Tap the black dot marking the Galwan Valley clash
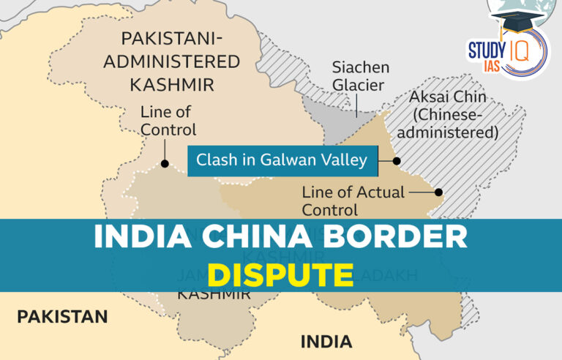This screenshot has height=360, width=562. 397,160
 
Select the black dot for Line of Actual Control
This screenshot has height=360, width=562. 438,192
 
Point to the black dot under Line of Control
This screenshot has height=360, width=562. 165,164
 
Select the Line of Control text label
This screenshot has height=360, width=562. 168,121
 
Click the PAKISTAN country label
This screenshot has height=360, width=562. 62,316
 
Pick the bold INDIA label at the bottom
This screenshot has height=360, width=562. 326,341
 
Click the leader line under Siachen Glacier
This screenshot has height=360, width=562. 357,107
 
